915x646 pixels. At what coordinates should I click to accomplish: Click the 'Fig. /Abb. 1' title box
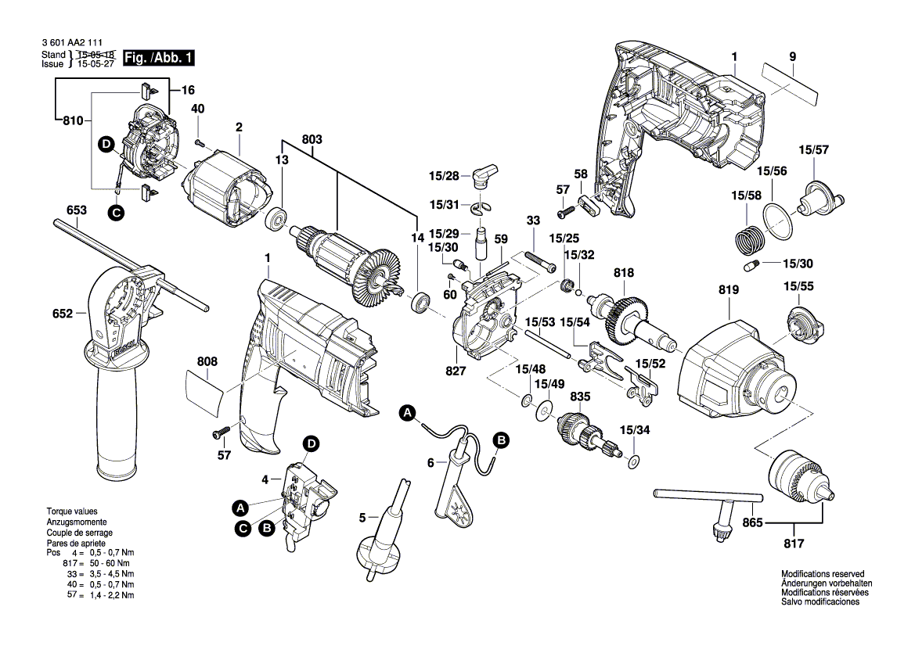tap(158, 58)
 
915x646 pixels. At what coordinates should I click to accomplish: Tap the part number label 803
tap(312, 139)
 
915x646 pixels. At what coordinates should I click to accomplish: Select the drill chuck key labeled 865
tap(710, 509)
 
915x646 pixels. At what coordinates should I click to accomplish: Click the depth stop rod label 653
tap(77, 210)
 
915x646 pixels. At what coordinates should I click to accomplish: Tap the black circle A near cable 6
tap(407, 414)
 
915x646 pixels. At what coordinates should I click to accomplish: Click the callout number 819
tap(728, 290)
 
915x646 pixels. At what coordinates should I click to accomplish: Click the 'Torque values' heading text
tap(72, 511)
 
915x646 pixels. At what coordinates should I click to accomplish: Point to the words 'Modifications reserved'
tap(823, 574)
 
